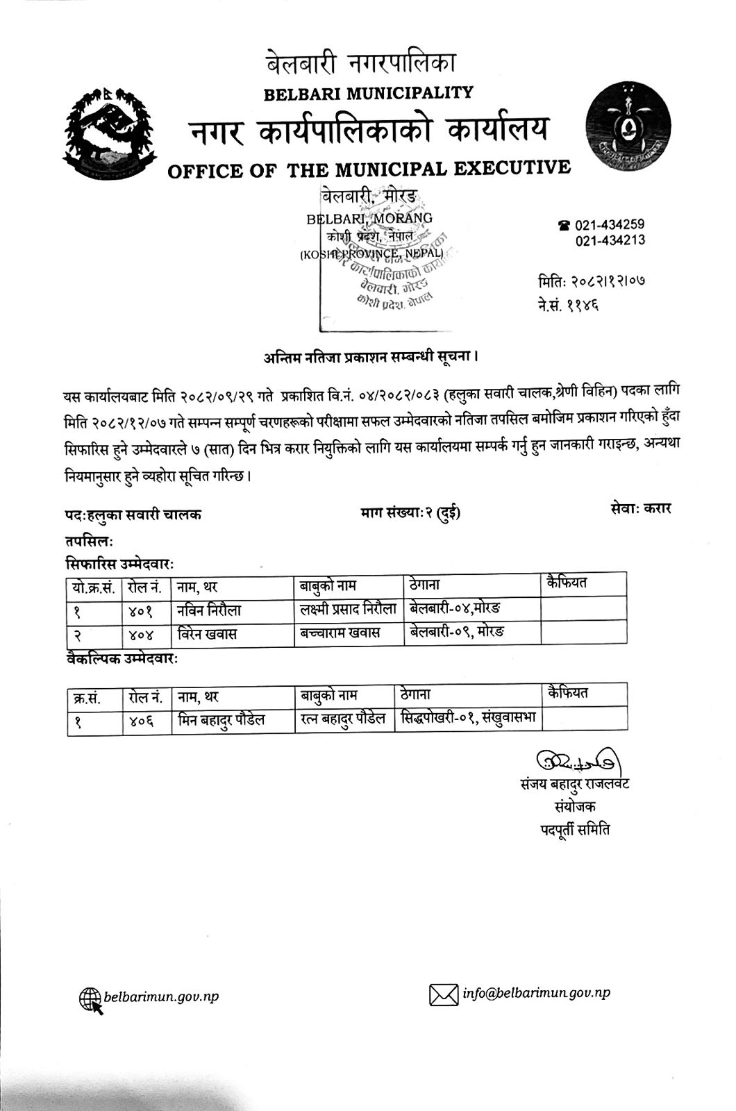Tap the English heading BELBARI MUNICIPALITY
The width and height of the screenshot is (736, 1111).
coord(369,92)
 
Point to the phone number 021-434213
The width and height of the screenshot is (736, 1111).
coord(610,241)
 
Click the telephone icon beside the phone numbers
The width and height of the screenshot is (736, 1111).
coord(564,226)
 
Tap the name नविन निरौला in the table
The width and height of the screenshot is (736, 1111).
coord(209,611)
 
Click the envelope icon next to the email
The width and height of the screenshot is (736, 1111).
coord(444,995)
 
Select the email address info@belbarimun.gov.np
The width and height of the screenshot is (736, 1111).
coord(537,994)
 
